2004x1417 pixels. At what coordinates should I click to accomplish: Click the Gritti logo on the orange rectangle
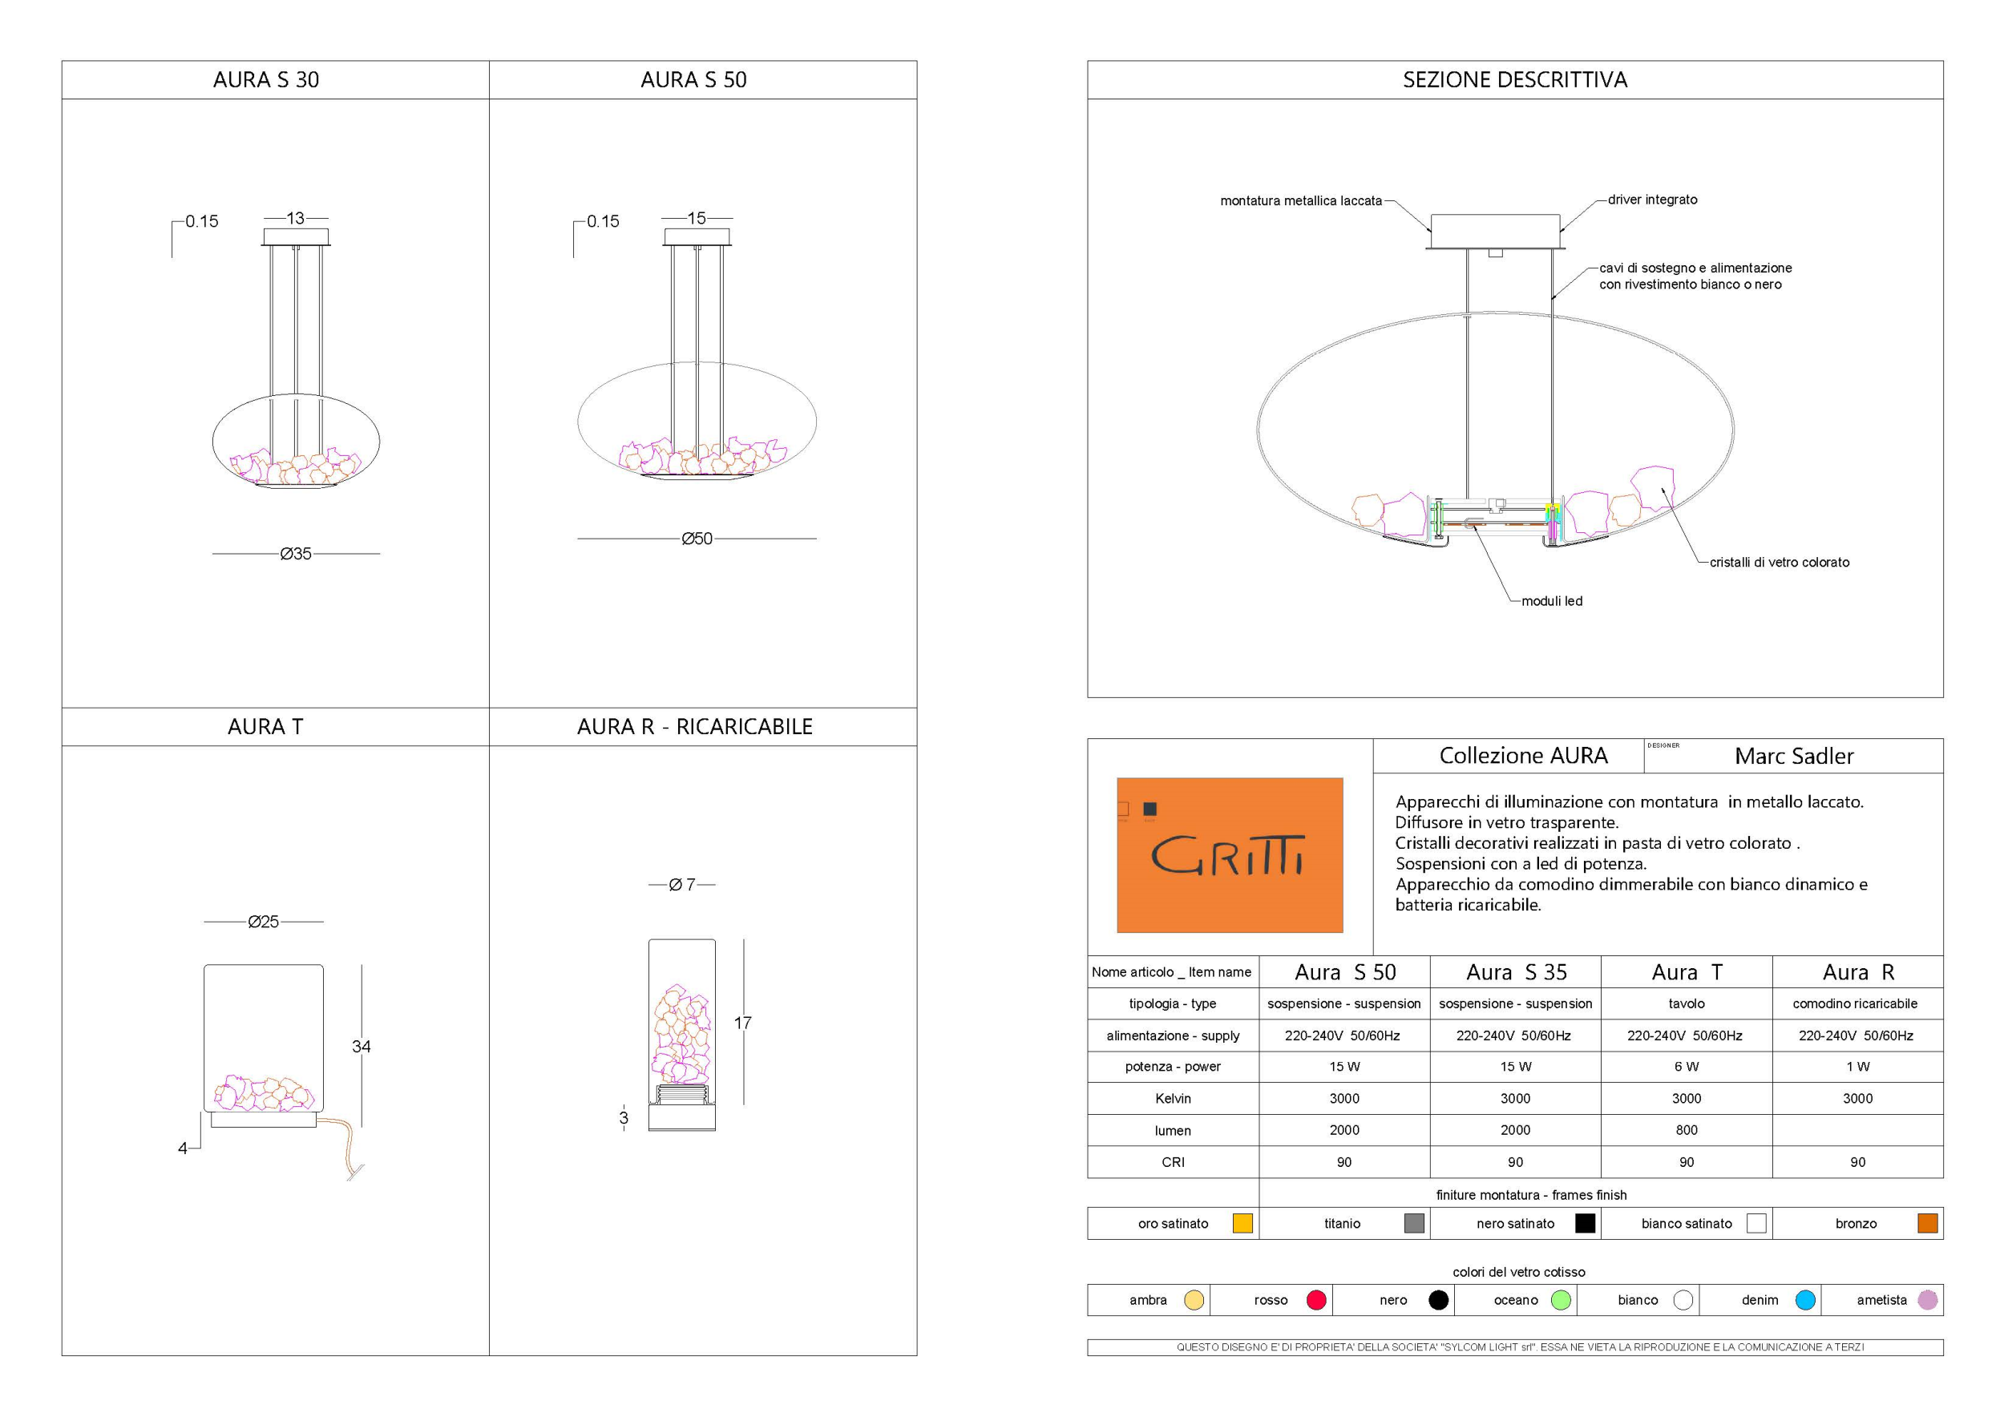1228,855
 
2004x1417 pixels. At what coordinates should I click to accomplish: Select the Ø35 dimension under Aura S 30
296,554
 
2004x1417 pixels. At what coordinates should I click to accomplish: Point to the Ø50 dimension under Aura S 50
697,539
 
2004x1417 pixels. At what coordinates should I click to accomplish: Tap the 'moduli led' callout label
1551,601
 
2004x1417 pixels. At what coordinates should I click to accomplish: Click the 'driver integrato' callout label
1652,200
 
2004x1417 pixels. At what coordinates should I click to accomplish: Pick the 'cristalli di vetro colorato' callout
1779,563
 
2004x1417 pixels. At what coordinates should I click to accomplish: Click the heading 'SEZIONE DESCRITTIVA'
1514,80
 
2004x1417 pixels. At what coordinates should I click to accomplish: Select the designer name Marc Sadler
1794,757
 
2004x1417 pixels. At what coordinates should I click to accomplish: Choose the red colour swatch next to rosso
1316,1300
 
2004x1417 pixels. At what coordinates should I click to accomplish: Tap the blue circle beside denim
1805,1300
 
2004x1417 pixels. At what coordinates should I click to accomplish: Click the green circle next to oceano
1561,1300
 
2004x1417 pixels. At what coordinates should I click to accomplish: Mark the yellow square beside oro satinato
1242,1223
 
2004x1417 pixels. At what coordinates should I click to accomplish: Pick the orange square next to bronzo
1927,1223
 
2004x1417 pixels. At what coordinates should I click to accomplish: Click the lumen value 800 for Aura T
1687,1130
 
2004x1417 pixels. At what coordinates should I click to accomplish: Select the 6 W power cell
1687,1066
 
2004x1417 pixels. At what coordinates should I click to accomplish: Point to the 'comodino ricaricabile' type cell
1855,1003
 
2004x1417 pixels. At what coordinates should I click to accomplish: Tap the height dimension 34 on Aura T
362,1046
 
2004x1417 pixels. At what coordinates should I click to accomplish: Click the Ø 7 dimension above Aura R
681,885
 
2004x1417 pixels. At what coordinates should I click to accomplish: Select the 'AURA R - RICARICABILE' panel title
695,727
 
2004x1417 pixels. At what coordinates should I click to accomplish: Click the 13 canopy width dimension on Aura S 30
296,218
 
